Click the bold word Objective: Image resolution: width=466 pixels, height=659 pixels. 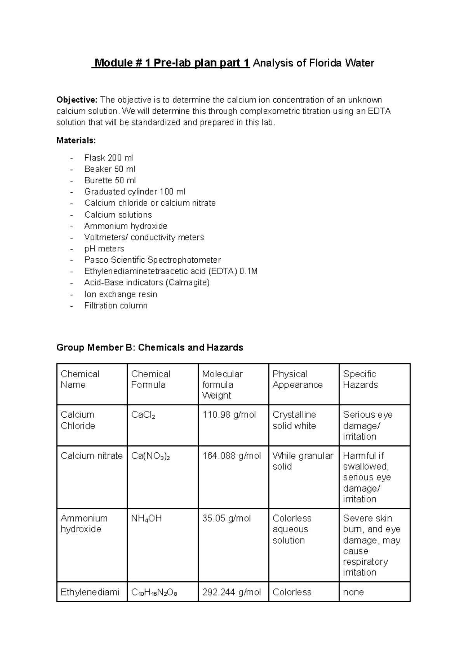pos(77,100)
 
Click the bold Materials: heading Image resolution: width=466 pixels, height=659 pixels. pos(76,140)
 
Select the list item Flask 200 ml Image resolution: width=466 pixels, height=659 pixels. pos(108,158)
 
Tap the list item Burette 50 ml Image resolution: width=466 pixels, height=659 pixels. pos(110,180)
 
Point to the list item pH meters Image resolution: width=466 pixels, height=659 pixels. pos(104,249)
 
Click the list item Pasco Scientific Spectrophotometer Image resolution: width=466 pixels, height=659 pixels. pos(152,260)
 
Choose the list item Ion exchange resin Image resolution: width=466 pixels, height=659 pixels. pos(120,294)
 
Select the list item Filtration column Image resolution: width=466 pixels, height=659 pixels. pos(116,306)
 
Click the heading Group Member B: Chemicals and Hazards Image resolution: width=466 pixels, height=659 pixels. pos(150,347)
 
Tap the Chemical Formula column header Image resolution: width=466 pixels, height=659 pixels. pos(151,379)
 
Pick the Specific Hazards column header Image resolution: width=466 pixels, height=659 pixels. pos(360,379)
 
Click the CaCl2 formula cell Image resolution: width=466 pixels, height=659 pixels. pos(143,415)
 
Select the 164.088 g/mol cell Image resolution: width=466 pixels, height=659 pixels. pos(231,456)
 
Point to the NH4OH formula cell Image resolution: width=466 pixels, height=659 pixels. pos(146,519)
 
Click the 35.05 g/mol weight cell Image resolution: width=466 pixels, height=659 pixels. pos(226,519)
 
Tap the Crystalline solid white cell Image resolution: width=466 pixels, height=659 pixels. pos(294,420)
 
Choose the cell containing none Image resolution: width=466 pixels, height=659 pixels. pos(353,592)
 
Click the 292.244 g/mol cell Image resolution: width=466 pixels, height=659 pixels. pos(231,592)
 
